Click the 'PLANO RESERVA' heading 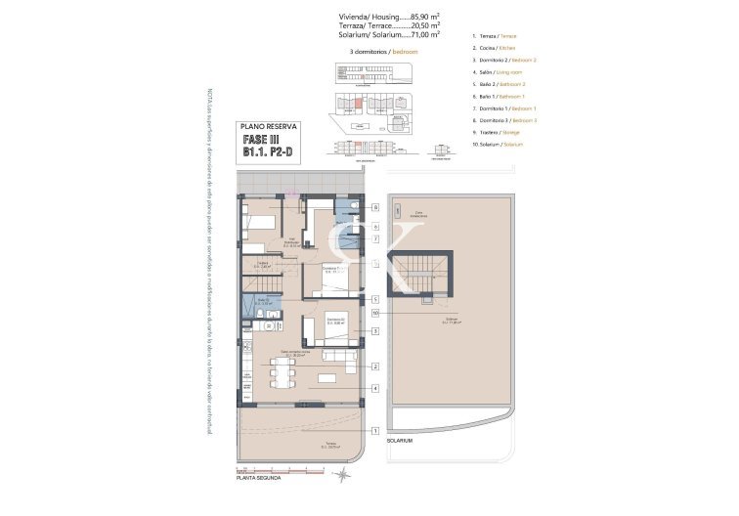269,127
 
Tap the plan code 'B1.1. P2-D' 269,154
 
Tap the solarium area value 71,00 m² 420,34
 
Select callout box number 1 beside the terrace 375,430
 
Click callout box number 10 375,313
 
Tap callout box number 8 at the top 375,207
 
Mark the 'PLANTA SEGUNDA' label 260,478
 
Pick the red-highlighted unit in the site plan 358,102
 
